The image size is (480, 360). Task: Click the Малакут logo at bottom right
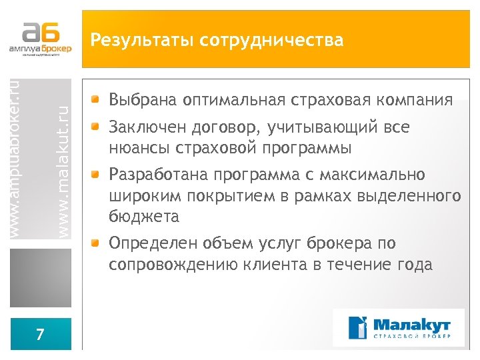pos(398,327)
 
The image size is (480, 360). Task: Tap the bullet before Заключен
pos(97,126)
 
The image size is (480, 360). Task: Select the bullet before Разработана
pos(97,174)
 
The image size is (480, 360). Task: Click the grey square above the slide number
pos(41,278)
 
